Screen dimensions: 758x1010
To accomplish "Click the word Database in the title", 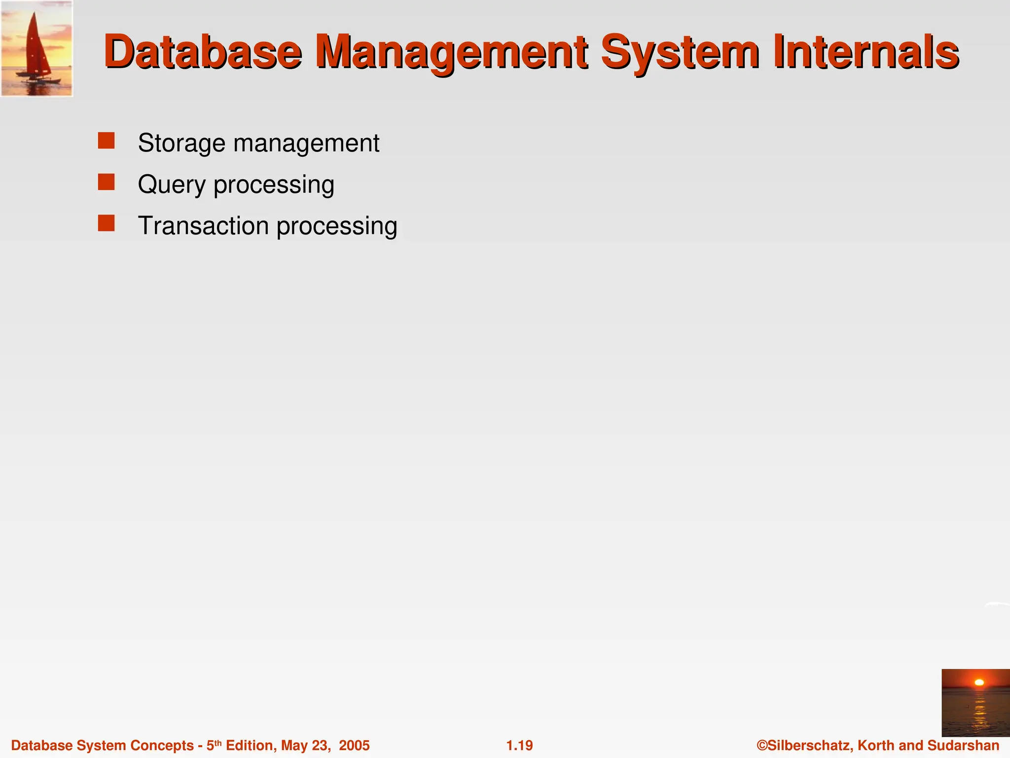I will coord(202,52).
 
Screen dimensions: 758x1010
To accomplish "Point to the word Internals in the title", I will coord(866,52).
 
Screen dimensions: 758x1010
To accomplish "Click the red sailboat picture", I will coord(37,48).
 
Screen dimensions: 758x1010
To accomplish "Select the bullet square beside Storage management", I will coord(106,141).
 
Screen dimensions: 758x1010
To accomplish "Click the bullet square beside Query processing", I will coord(106,182).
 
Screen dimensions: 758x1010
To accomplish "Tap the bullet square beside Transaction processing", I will coord(106,223).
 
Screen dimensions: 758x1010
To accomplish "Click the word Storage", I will coord(181,143).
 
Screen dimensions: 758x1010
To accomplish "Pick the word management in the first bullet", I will coord(306,143).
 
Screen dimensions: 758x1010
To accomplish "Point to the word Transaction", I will coord(203,226).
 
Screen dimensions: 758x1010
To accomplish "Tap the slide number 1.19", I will coord(519,745).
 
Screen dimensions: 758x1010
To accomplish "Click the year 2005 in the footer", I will coord(354,745).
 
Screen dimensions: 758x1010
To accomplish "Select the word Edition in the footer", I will coord(250,745).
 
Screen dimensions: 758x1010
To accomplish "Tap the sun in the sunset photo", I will coord(979,682).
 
